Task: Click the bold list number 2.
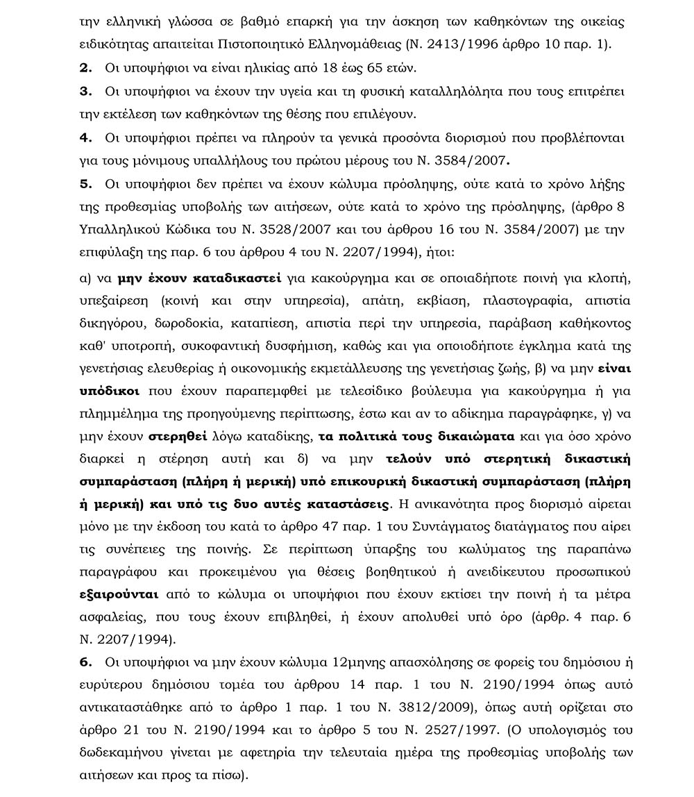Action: point(86,67)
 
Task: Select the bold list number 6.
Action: point(86,663)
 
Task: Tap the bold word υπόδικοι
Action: point(110,392)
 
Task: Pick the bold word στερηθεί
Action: point(175,437)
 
